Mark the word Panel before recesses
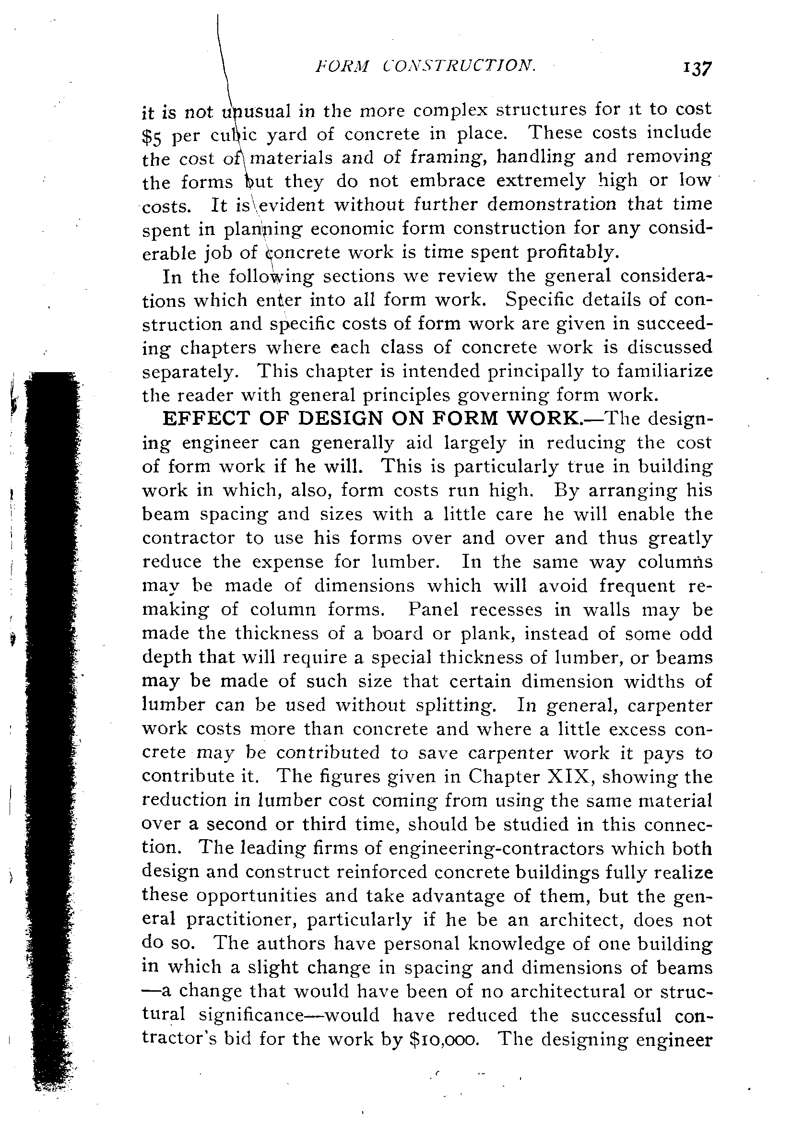tap(432, 609)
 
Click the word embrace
tap(448, 181)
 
